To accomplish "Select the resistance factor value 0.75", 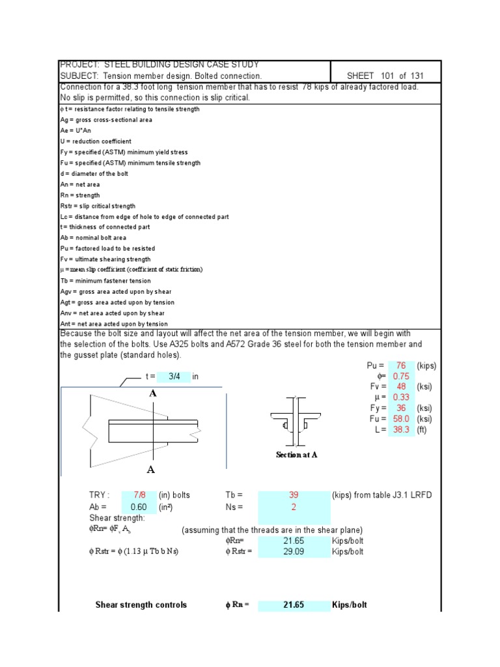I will pyautogui.click(x=400, y=376).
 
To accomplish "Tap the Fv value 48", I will pyautogui.click(x=400, y=387).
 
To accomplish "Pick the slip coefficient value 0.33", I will pyautogui.click(x=400, y=397).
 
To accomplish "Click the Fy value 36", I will pyautogui.click(x=401, y=408).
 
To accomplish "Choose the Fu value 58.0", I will pyautogui.click(x=400, y=419).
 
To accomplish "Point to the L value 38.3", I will pyautogui.click(x=400, y=430).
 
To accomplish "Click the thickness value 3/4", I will pyautogui.click(x=174, y=376).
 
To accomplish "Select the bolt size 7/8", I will pyautogui.click(x=139, y=496).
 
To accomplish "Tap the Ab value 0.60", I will pyautogui.click(x=139, y=507).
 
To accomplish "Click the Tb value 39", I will pyautogui.click(x=294, y=496).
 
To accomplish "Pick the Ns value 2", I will pyautogui.click(x=294, y=507).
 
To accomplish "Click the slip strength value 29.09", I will pyautogui.click(x=294, y=552).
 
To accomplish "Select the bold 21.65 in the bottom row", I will pyautogui.click(x=294, y=605).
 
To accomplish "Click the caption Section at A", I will pyautogui.click(x=296, y=455).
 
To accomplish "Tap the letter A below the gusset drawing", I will pyautogui.click(x=151, y=470).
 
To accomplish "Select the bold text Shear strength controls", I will pyautogui.click(x=141, y=605).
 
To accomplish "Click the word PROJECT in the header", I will pyautogui.click(x=77, y=64).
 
